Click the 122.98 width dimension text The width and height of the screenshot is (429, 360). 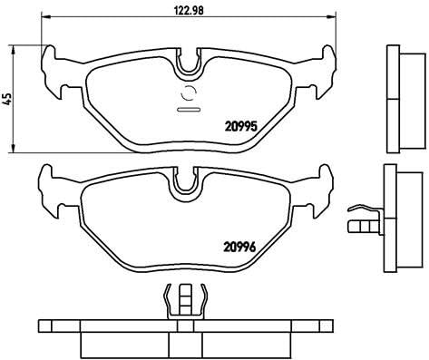pyautogui.click(x=188, y=13)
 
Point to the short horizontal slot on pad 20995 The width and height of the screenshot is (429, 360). pyautogui.click(x=190, y=110)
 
